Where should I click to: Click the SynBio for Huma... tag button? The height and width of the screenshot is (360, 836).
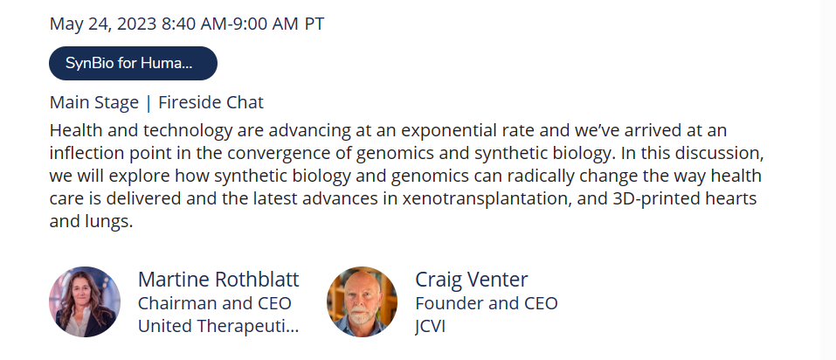click(x=134, y=64)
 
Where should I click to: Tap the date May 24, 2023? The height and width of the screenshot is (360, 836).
click(x=103, y=24)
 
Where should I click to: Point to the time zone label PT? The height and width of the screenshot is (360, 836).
click(x=314, y=24)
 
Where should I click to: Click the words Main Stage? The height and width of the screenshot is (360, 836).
click(x=93, y=102)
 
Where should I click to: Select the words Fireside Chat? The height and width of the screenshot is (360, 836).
click(x=211, y=102)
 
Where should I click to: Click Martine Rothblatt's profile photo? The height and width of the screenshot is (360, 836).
click(x=85, y=301)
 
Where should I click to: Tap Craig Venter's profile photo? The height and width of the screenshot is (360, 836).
click(x=362, y=301)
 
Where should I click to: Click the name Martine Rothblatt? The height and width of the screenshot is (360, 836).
click(x=218, y=280)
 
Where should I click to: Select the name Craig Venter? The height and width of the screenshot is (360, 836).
click(x=472, y=280)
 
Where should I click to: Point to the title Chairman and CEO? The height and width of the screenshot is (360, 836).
click(x=214, y=303)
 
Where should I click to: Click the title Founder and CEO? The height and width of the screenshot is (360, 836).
click(x=487, y=303)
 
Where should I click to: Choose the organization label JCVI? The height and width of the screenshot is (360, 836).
click(x=430, y=326)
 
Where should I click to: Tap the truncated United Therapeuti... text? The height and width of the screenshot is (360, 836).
click(x=218, y=326)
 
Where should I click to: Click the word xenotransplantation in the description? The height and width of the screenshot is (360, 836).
click(x=502, y=198)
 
